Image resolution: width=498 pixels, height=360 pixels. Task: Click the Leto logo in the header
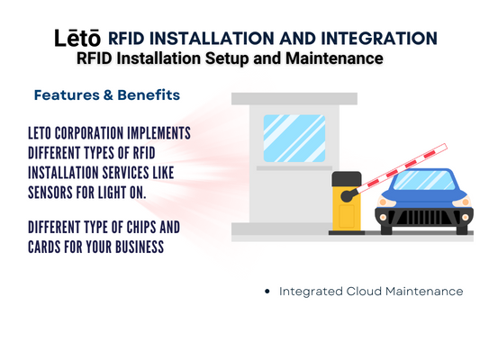77,38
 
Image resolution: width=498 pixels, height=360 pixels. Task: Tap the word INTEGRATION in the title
379,38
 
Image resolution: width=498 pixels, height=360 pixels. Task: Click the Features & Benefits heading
107,94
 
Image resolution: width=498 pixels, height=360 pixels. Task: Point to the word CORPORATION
89,133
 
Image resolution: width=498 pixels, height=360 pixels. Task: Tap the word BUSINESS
140,247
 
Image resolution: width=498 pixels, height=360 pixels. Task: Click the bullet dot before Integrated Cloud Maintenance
267,291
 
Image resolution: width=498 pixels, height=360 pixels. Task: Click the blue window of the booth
294,139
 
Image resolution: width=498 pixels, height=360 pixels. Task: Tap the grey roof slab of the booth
294,99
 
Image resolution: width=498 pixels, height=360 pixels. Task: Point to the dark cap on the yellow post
347,179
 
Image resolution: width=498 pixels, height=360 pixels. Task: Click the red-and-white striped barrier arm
401,168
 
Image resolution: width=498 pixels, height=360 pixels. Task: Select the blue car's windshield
424,180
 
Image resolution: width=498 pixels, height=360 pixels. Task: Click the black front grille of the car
424,218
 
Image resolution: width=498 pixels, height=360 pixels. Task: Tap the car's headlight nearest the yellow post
383,202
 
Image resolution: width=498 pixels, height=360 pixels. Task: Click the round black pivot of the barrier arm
347,196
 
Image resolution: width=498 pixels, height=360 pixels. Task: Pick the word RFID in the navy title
126,38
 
